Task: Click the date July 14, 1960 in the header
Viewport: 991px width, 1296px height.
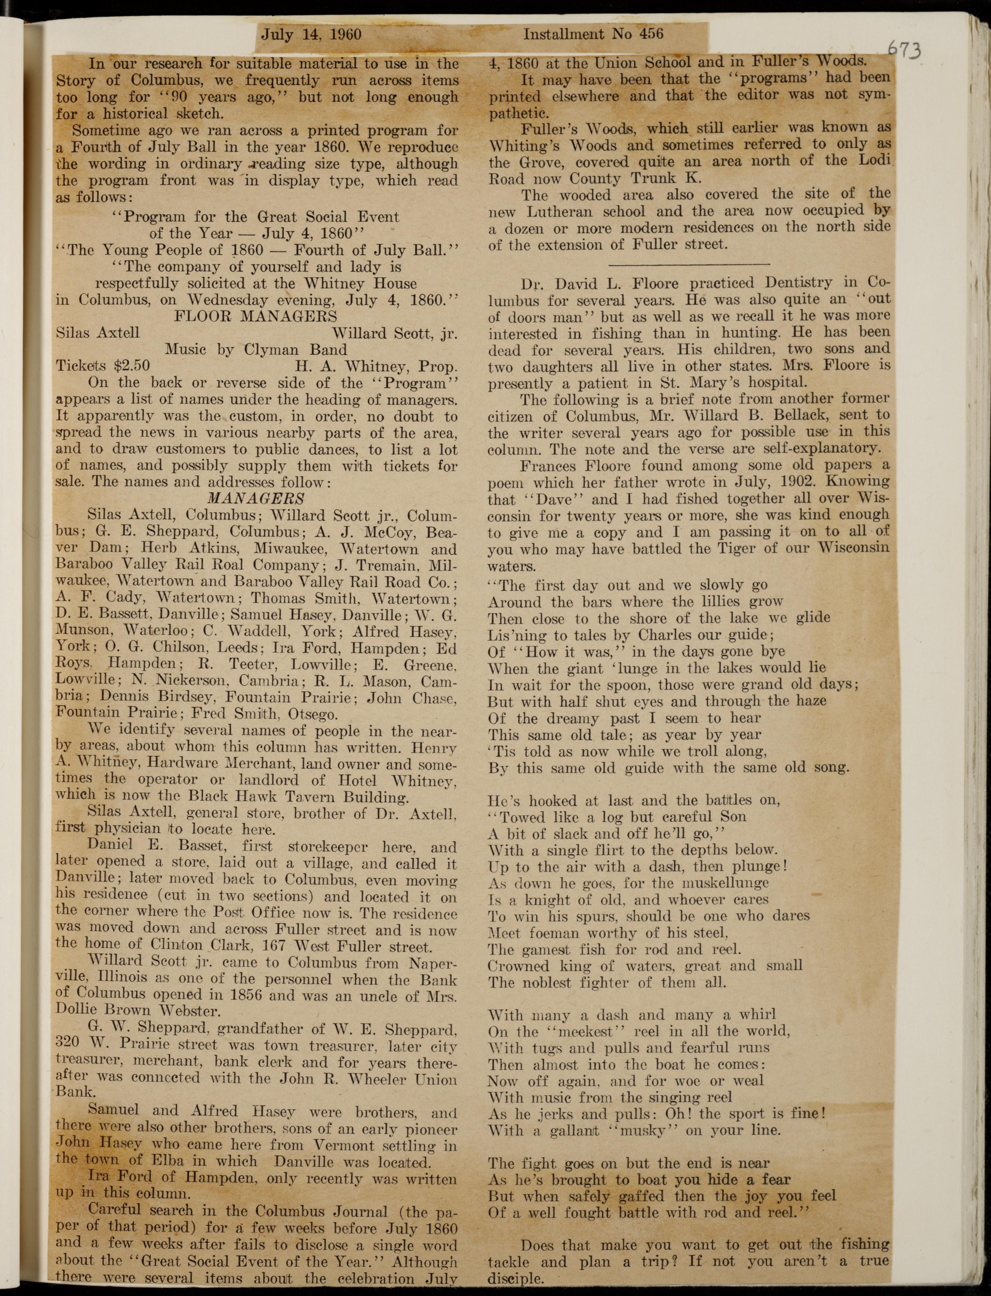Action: [311, 34]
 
